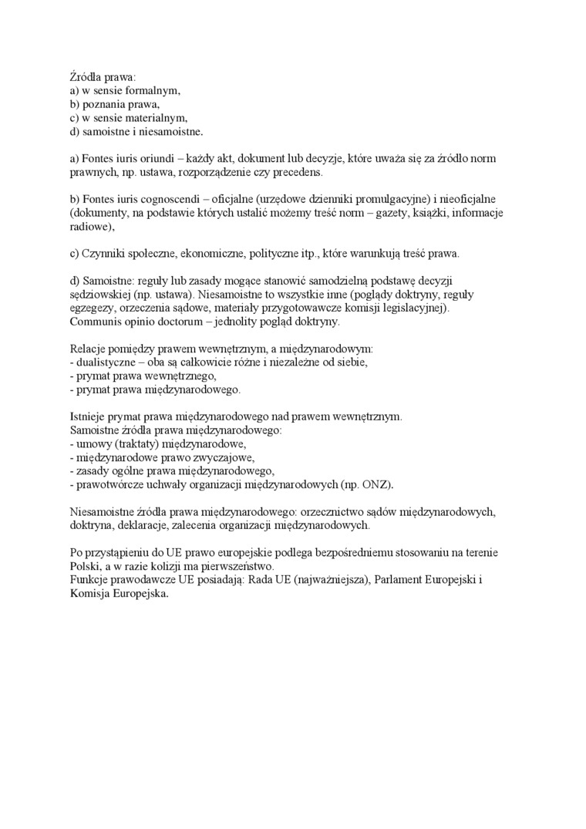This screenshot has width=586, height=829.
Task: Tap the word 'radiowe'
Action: pyautogui.click(x=90, y=227)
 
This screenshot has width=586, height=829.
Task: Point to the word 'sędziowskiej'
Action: pyautogui.click(x=98, y=295)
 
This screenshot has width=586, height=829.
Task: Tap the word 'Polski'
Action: pyautogui.click(x=83, y=566)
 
